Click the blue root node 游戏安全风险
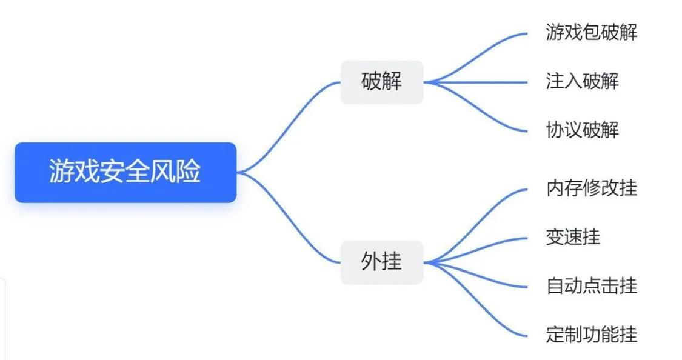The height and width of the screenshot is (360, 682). [125, 172]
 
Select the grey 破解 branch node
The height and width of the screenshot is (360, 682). [381, 82]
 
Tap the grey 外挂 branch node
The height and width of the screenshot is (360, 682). [381, 262]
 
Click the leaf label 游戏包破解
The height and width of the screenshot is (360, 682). [592, 33]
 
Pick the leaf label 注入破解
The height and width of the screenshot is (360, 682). [583, 81]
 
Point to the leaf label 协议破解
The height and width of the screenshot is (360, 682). [583, 130]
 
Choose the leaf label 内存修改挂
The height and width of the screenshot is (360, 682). [592, 188]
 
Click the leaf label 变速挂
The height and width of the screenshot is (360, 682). [573, 238]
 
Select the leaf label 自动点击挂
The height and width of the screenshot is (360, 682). [592, 286]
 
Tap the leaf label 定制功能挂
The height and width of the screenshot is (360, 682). [592, 335]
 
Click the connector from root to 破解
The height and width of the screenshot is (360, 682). [289, 126]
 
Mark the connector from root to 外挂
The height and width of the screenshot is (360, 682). [289, 218]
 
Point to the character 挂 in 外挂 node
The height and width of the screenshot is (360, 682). [392, 262]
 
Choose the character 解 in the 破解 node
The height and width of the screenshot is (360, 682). [392, 81]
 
